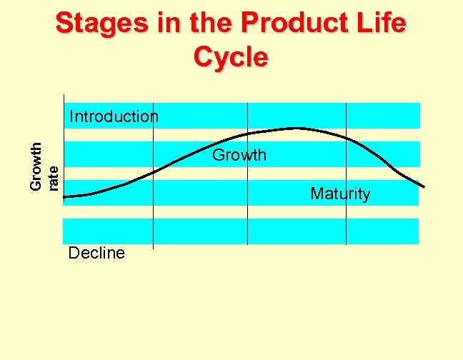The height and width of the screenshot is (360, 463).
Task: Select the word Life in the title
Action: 384,24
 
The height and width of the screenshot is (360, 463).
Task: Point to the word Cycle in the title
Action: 231,56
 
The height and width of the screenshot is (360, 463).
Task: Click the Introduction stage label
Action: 114,116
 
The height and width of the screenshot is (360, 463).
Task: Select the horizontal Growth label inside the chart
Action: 239,155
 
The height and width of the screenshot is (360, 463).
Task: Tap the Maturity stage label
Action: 340,194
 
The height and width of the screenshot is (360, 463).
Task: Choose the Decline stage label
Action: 96,253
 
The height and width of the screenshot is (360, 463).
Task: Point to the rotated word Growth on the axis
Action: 36,166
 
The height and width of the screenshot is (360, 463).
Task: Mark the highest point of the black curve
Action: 295,128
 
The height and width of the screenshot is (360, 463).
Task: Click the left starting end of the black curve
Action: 64,196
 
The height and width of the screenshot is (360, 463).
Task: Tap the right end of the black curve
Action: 424,187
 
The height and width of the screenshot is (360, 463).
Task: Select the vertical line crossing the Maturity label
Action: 346,214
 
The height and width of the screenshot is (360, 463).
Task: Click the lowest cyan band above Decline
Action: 241,231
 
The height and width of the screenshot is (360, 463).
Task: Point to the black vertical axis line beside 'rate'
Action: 63,150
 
